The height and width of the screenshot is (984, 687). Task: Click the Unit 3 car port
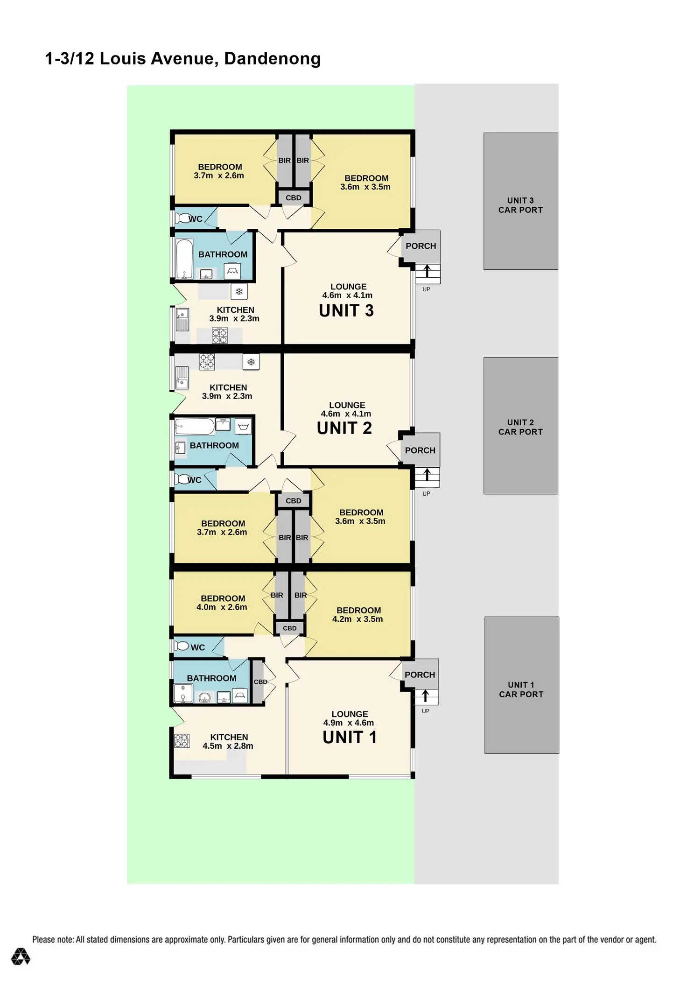(520, 201)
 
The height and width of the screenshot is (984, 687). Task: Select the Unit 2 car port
(520, 426)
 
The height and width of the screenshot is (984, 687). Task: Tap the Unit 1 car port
(521, 685)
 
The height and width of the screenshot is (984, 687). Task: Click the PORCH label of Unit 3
(421, 246)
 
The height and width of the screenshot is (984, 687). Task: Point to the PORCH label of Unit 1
(420, 675)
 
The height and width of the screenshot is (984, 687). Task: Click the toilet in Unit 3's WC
(181, 218)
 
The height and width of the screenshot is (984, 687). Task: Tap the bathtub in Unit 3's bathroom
(184, 259)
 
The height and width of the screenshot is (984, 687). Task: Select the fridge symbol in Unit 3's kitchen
(239, 292)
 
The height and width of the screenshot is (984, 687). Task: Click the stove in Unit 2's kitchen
(207, 362)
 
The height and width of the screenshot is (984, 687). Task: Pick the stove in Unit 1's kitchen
(182, 740)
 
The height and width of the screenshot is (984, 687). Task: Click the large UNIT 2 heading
(344, 428)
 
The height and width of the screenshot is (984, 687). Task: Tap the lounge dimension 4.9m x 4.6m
(349, 723)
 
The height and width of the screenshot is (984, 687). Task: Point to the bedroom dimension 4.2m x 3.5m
(358, 619)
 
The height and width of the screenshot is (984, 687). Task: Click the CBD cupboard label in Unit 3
(294, 198)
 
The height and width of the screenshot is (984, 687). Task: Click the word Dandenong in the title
(272, 59)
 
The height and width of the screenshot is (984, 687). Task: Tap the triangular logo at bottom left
(21, 956)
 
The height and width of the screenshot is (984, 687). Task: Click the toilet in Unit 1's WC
(181, 647)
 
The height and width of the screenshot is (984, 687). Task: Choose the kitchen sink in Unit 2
(181, 378)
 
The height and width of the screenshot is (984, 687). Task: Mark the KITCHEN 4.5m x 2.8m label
(228, 741)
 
